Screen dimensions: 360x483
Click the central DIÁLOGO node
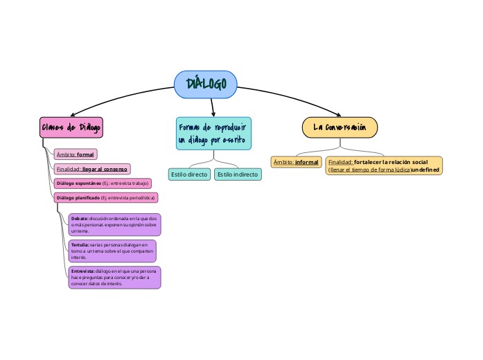click(206, 84)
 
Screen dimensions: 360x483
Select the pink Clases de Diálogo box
click(71, 127)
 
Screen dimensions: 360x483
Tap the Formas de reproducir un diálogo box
click(213, 133)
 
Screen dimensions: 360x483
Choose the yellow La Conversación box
click(340, 127)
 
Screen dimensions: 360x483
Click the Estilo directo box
click(189, 174)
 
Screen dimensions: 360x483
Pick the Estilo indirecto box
click(238, 174)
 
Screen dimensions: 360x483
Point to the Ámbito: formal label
click(76, 154)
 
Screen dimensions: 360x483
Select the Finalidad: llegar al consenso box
click(91, 169)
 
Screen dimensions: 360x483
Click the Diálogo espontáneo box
click(102, 183)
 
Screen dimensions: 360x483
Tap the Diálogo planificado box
click(105, 197)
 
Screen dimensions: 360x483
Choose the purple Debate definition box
click(114, 224)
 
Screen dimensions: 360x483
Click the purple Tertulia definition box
click(112, 251)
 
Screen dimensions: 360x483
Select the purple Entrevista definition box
click(114, 277)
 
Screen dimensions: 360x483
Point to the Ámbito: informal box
click(296, 162)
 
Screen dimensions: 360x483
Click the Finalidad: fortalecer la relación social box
click(383, 165)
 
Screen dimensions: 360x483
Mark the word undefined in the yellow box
click(425, 170)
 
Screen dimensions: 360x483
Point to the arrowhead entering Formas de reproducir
click(213, 114)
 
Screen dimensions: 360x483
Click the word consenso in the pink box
click(115, 169)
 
